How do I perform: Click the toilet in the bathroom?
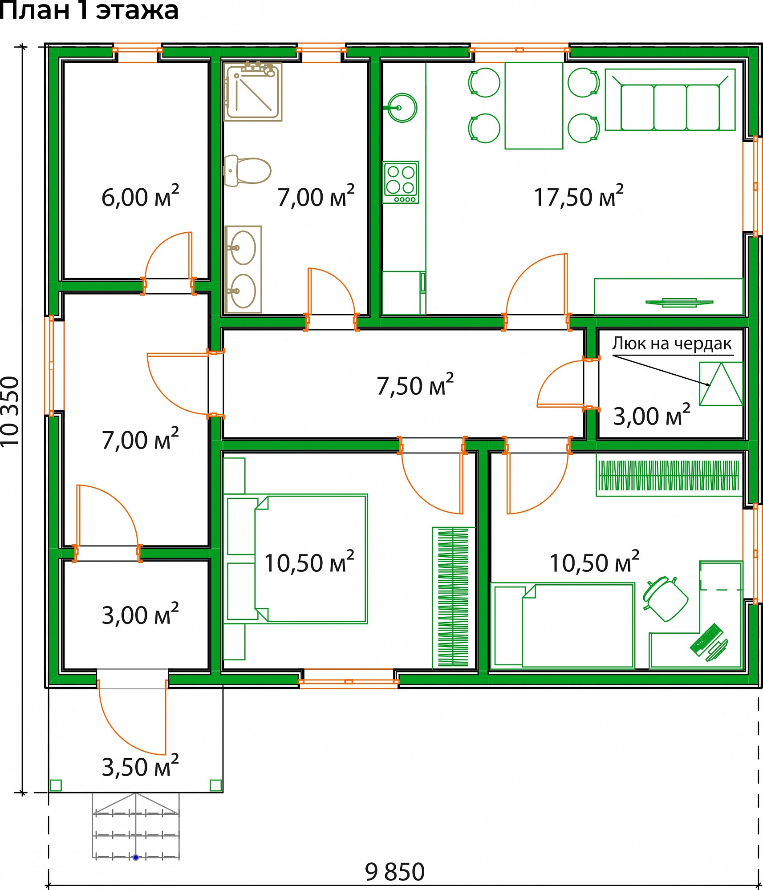(247, 171)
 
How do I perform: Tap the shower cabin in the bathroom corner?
(253, 92)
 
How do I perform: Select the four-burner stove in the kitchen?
(401, 182)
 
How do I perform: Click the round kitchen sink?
(402, 108)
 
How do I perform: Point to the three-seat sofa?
(670, 100)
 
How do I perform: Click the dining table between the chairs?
(534, 105)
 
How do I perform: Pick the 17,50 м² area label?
(578, 196)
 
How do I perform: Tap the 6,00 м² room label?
(140, 196)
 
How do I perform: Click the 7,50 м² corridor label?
(415, 385)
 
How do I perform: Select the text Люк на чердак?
(672, 344)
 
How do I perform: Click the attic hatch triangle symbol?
(721, 384)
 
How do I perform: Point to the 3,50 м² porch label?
(140, 766)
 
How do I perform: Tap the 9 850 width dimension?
(395, 872)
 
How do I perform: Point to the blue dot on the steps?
(136, 857)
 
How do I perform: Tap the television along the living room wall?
(679, 303)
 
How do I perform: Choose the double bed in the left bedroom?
(296, 558)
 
